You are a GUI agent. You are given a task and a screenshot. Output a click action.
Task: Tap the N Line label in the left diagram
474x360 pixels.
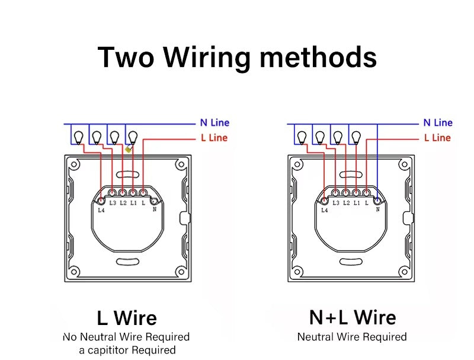pyautogui.click(x=214, y=123)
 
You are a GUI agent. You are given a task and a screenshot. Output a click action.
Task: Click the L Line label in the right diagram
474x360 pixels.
pyautogui.click(x=437, y=138)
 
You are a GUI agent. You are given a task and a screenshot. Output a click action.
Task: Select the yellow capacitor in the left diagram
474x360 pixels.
pyautogui.click(x=129, y=150)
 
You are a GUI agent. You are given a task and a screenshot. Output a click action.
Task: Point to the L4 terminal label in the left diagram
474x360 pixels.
pyautogui.click(x=101, y=209)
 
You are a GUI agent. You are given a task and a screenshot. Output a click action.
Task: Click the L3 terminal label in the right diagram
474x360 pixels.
pyautogui.click(x=336, y=203)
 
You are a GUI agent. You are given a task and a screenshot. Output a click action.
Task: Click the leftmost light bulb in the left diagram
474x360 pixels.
pyautogui.click(x=77, y=137)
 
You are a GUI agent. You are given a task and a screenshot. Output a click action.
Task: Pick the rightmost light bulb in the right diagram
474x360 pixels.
pyautogui.click(x=356, y=137)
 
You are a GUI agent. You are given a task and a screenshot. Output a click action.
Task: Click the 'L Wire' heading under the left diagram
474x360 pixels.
pyautogui.click(x=126, y=318)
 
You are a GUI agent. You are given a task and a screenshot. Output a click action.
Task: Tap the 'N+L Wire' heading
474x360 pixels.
pyautogui.click(x=352, y=317)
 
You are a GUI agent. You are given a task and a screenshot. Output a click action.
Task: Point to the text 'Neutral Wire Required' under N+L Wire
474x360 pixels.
pyautogui.click(x=352, y=337)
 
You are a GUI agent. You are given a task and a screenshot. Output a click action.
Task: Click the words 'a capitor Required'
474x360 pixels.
pyautogui.click(x=127, y=350)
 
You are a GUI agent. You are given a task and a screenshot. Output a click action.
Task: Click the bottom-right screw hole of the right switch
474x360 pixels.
pyautogui.click(x=404, y=272)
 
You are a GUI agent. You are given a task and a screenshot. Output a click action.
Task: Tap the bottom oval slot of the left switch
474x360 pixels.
pyautogui.click(x=127, y=261)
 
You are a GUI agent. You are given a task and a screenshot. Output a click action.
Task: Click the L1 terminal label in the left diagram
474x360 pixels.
pyautogui.click(x=133, y=203)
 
